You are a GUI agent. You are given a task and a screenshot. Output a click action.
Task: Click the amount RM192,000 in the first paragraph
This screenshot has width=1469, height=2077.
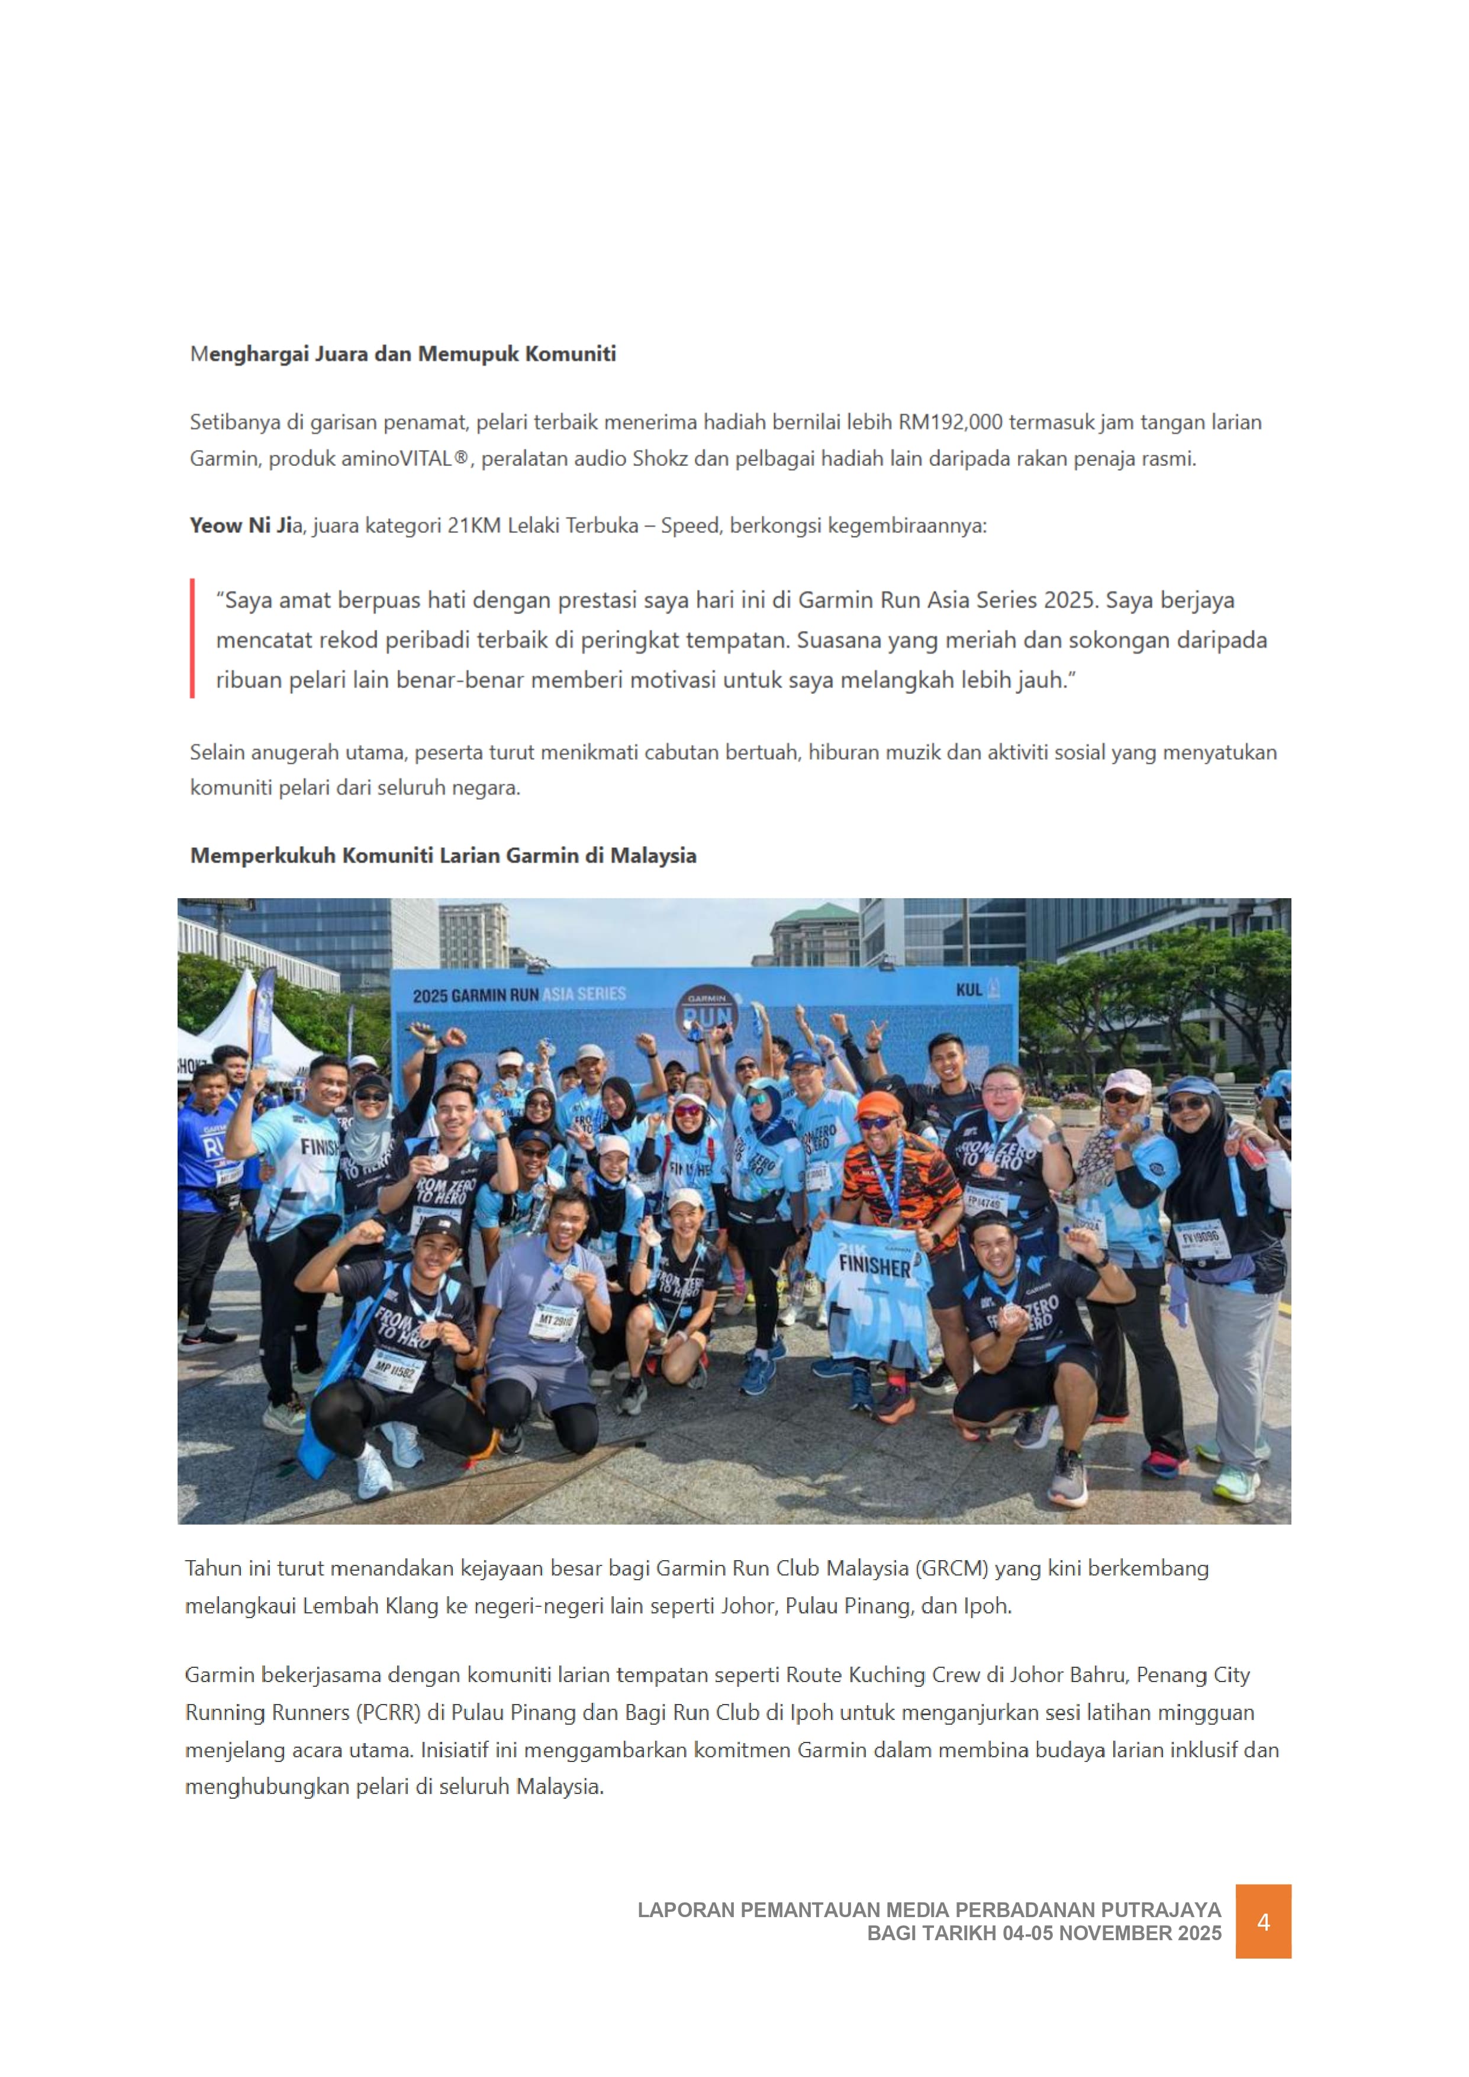[950, 423]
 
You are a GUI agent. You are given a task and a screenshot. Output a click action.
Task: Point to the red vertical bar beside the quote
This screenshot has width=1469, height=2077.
[193, 639]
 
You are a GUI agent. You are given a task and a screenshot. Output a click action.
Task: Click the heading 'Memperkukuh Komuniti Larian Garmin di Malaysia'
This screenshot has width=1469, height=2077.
[443, 856]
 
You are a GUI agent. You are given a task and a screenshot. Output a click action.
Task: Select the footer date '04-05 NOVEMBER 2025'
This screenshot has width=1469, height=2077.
[1112, 1933]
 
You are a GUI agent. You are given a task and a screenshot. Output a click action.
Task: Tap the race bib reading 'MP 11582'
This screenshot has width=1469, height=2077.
[394, 1369]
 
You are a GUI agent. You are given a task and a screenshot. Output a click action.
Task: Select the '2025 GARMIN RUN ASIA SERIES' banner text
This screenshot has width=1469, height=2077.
[519, 995]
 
